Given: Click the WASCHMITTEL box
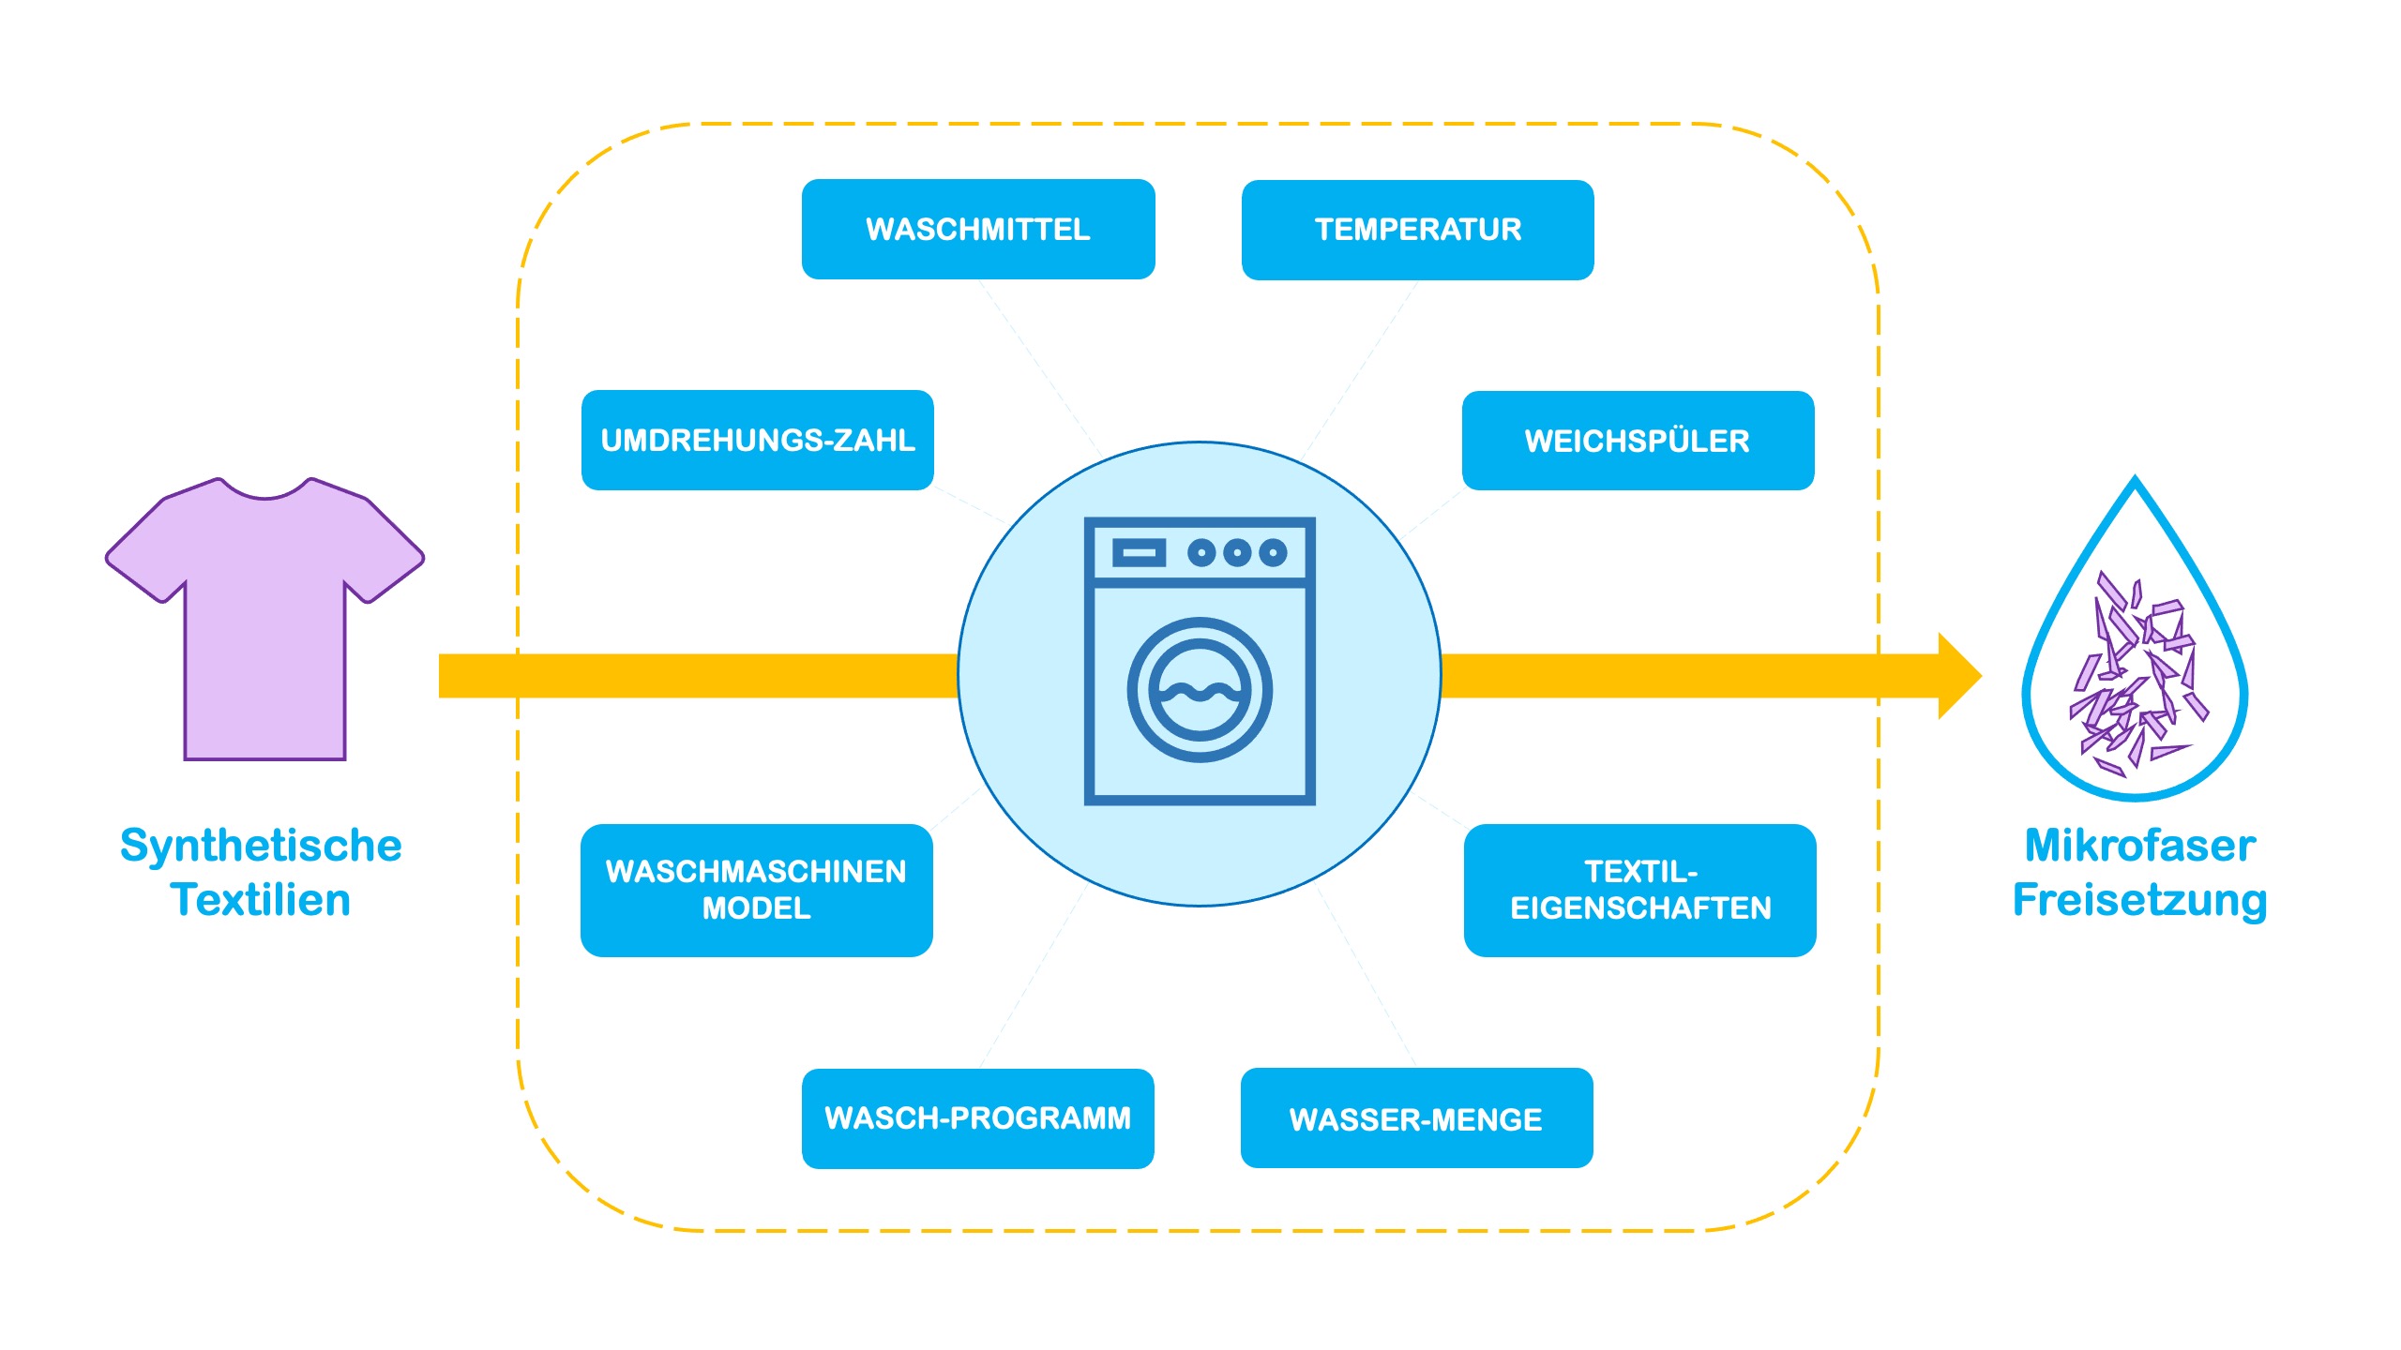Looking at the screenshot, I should pyautogui.click(x=978, y=230).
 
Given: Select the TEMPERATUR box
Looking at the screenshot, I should pyautogui.click(x=1417, y=230).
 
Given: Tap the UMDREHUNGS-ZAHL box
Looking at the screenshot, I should pyautogui.click(x=757, y=441).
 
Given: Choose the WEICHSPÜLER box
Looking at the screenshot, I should pyautogui.click(x=1638, y=441).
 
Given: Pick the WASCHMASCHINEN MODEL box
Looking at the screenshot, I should pyautogui.click(x=756, y=890).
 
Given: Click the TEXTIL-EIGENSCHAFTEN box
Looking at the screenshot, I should pyautogui.click(x=1639, y=890).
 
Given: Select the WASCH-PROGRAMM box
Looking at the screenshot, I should pyautogui.click(x=977, y=1118).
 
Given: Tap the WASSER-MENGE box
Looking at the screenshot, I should pyautogui.click(x=1416, y=1118).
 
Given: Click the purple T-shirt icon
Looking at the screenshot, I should pyautogui.click(x=264, y=637).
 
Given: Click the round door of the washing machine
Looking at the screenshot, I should pyautogui.click(x=1200, y=690).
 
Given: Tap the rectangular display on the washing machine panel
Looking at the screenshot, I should pyautogui.click(x=1139, y=553).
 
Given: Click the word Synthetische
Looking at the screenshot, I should pyautogui.click(x=261, y=846).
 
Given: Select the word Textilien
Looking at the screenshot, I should pyautogui.click(x=261, y=900).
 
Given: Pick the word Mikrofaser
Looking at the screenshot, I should pyautogui.click(x=2139, y=846).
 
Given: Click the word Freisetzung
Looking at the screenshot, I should pyautogui.click(x=2139, y=900).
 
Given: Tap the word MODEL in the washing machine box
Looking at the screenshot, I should pyautogui.click(x=756, y=908).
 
